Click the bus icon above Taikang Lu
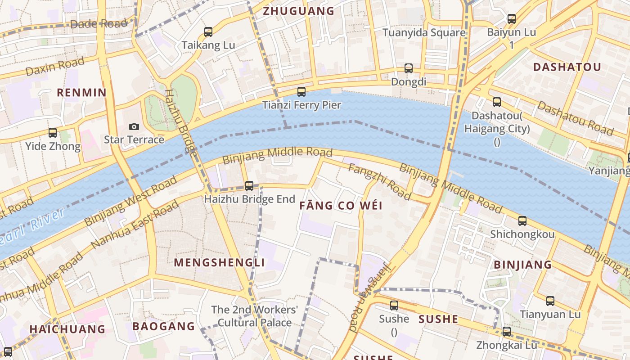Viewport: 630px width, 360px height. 208,32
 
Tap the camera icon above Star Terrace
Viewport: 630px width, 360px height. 134,126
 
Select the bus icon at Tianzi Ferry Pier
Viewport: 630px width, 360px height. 301,92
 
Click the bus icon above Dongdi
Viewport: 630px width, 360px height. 408,68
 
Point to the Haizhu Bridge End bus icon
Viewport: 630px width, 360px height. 249,185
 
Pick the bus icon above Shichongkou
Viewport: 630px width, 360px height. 522,221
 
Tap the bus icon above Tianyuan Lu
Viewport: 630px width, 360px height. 550,301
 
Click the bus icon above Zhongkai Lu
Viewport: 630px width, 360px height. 506,332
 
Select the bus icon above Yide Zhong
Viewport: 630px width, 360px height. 53,133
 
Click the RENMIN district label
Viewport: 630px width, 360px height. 81,93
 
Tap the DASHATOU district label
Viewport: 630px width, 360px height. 567,67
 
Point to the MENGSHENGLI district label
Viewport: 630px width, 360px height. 219,262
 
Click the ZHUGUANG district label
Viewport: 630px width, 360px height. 298,11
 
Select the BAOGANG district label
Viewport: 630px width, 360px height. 164,326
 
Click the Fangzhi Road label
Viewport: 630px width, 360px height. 380,182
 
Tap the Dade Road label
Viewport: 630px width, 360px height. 99,24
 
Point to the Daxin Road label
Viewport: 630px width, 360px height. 55,67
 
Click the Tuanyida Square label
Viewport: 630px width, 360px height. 424,32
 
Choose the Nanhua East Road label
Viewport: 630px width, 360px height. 135,225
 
